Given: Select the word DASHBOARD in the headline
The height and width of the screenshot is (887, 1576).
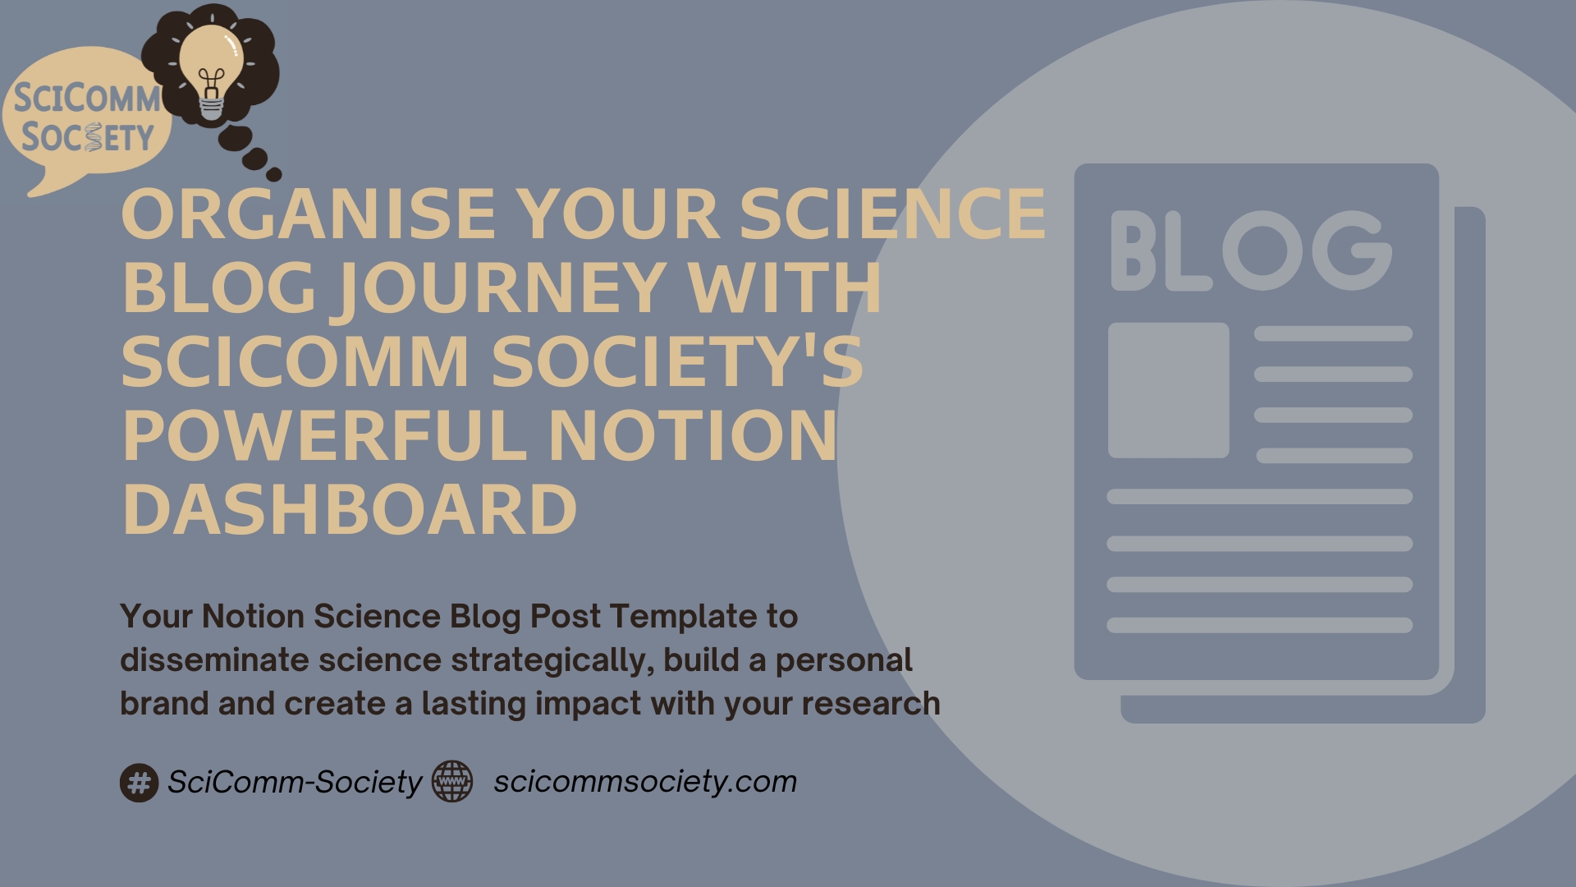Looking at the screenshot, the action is click(350, 509).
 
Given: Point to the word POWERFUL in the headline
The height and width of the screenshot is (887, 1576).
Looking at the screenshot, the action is click(324, 435).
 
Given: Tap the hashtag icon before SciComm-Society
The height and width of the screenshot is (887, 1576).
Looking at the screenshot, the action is click(140, 782).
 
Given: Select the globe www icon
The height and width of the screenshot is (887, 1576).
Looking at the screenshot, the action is click(452, 781).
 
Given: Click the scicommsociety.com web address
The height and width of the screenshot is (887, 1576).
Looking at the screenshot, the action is click(645, 781).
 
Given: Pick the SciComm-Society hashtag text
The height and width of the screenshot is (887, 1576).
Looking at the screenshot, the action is click(295, 782).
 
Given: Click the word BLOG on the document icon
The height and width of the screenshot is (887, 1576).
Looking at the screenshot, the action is click(1251, 250).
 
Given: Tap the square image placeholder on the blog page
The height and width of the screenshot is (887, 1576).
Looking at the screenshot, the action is click(1169, 390).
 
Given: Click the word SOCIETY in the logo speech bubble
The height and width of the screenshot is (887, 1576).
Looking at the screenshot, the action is click(88, 137).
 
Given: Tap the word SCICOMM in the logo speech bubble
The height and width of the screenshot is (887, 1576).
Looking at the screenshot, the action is click(87, 99).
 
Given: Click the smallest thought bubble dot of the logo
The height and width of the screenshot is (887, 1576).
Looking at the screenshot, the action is click(274, 174).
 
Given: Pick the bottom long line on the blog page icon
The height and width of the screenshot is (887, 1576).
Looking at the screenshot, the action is click(1259, 626).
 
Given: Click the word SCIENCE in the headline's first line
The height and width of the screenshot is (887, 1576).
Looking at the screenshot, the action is click(893, 213).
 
